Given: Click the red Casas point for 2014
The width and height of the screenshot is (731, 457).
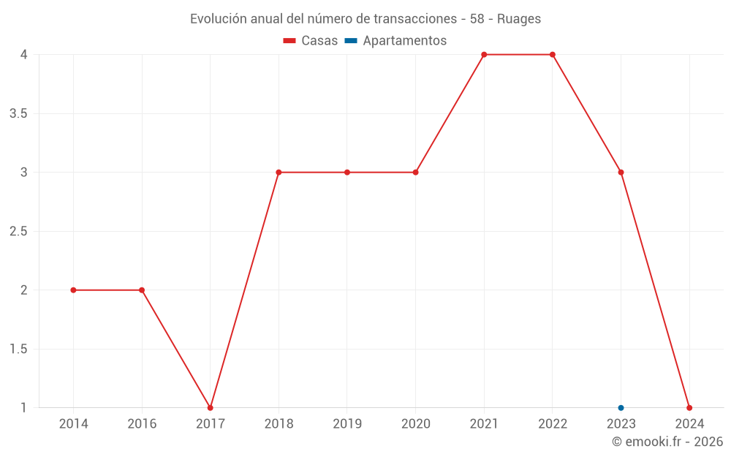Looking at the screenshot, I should (73, 290).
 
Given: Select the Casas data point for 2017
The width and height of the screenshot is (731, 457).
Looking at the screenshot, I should (211, 408).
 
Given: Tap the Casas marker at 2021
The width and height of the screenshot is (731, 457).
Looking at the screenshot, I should (484, 55).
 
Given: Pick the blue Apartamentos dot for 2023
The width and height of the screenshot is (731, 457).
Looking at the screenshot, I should (621, 408).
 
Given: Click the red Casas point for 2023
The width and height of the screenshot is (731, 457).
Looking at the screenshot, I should (621, 173).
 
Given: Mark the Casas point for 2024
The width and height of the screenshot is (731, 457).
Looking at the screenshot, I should (689, 408).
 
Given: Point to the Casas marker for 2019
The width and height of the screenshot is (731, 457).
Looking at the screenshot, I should (347, 173).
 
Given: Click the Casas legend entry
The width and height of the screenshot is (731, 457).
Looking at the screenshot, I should (311, 41).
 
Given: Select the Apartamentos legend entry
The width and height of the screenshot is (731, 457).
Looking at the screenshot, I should (396, 41).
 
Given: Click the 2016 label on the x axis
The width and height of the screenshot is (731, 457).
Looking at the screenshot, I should (142, 423).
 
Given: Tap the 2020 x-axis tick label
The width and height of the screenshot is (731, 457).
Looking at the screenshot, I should (415, 423).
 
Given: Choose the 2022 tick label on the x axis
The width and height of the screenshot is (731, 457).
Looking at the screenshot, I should (553, 423).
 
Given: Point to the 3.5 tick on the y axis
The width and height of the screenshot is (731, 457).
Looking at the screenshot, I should (19, 113).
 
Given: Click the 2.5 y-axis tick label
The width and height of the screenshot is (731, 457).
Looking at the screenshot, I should (19, 231).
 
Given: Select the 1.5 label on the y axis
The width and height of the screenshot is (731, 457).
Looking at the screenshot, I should (19, 349).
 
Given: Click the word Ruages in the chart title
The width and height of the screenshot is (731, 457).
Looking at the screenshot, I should (519, 19).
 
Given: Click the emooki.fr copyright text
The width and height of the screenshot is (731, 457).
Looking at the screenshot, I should (667, 442).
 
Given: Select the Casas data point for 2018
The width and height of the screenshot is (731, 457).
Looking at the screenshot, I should (279, 173).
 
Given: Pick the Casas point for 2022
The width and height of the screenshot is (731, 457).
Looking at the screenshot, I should (553, 55).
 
